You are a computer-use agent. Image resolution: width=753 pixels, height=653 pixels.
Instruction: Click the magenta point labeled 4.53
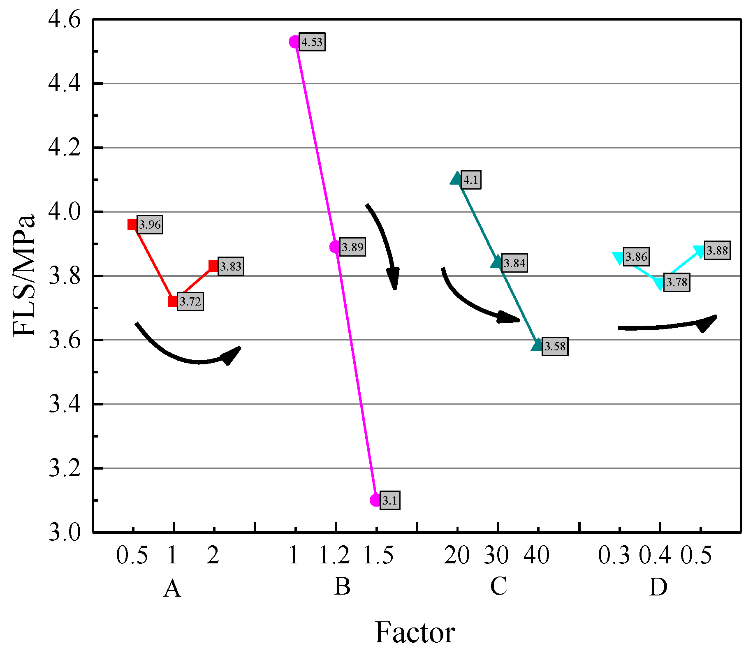tap(294, 42)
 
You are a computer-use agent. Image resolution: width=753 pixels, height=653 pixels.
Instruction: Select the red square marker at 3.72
tap(173, 301)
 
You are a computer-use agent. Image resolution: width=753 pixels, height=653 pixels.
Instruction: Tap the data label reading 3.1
tap(389, 500)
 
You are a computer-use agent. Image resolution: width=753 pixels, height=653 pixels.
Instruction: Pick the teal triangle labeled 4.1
tap(456, 179)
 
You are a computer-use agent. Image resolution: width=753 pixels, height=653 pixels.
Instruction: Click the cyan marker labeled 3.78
tap(659, 283)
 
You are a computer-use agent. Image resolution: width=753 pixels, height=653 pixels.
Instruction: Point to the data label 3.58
tap(555, 346)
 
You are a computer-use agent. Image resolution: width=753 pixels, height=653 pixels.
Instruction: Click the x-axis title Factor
tap(415, 632)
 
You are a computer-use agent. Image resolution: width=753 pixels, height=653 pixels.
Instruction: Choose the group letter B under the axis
tap(342, 586)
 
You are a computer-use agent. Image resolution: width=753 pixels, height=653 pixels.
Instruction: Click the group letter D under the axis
tap(658, 587)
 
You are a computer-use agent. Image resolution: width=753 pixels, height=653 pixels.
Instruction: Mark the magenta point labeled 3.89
tap(335, 247)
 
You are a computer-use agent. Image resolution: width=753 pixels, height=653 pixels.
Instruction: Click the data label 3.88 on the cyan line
tap(717, 250)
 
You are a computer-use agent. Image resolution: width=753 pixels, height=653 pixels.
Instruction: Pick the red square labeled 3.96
tap(132, 225)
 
